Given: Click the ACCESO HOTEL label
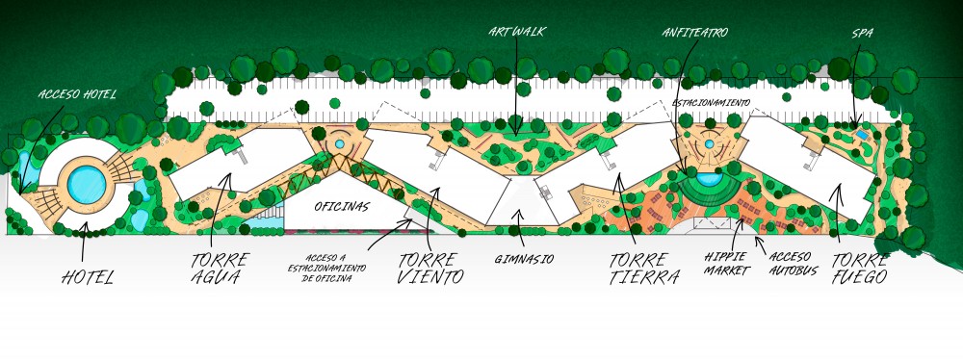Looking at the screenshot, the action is coord(77,94).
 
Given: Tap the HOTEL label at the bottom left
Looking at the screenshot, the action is coord(88,277).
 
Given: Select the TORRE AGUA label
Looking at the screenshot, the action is coord(220,268).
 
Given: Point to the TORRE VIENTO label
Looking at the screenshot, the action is coord(429,268).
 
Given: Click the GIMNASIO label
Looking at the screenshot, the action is coord(524,259).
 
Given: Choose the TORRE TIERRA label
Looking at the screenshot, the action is coord(644,269).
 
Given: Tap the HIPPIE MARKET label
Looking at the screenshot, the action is coord(727,264).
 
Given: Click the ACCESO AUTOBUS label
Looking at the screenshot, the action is coord(793,264).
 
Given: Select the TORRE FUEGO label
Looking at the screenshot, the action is coord(860,269).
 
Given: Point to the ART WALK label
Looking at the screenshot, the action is coord(516,32).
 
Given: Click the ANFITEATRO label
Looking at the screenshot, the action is coord(694,33).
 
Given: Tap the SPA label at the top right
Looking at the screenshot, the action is coord(862,33).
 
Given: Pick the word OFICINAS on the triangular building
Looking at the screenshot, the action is coord(342,207).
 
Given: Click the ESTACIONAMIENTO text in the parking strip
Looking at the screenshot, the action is coord(712,103).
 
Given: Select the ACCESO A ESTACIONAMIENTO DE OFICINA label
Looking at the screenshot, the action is coord(326,269).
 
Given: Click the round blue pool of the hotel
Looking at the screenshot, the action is coord(87,184).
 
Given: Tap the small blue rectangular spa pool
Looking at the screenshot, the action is coord(862,135).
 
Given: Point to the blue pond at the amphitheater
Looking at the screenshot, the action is coord(710,180).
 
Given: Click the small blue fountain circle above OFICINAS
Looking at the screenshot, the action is coord(340,143).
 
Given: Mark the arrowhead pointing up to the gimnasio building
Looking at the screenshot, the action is coord(520,214).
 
